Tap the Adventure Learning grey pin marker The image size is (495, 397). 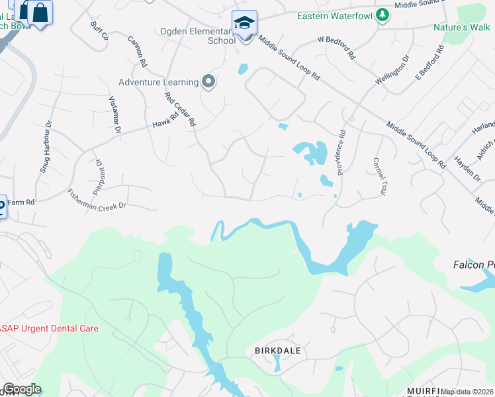(x=209, y=82)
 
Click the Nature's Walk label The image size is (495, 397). (x=461, y=27)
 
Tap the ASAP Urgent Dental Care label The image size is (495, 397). (x=49, y=328)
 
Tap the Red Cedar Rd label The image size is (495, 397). (x=181, y=109)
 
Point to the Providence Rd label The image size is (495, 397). (x=341, y=152)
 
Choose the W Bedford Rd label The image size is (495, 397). (x=336, y=47)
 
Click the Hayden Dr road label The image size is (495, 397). (x=468, y=168)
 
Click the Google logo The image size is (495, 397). (x=22, y=389)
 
